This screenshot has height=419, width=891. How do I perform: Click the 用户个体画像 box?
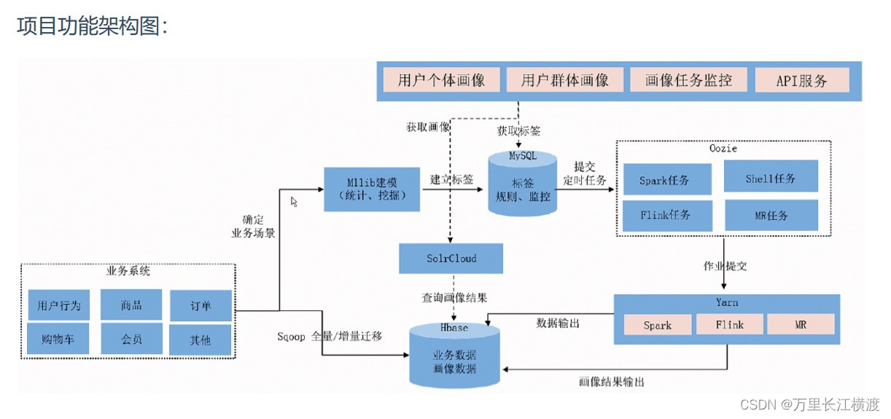pyautogui.click(x=441, y=79)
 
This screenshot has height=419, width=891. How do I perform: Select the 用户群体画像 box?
pyautogui.click(x=565, y=79)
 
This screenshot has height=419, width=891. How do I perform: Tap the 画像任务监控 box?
pyautogui.click(x=688, y=79)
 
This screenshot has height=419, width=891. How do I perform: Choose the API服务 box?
pyautogui.click(x=802, y=79)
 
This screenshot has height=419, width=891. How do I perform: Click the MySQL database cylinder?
pyautogui.click(x=522, y=184)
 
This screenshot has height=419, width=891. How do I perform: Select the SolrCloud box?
pyautogui.click(x=451, y=258)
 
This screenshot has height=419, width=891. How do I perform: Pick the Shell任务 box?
pyautogui.click(x=771, y=177)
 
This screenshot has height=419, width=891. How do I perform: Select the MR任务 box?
pyautogui.click(x=771, y=215)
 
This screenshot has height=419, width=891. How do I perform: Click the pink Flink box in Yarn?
pyautogui.click(x=729, y=324)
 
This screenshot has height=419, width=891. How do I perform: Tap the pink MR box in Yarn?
pyautogui.click(x=801, y=324)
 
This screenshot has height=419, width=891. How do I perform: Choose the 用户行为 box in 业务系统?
pyautogui.click(x=59, y=305)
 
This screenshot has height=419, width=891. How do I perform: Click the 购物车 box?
pyautogui.click(x=59, y=339)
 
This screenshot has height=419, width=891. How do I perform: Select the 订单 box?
pyautogui.click(x=201, y=305)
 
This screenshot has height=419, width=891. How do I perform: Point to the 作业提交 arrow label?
pyautogui.click(x=725, y=266)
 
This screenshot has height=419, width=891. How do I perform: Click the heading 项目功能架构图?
pyautogui.click(x=93, y=27)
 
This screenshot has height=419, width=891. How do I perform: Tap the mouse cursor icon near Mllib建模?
pyautogui.click(x=294, y=201)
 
